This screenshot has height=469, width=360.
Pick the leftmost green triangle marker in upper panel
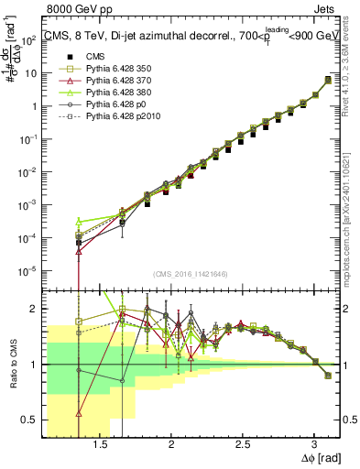[x=79, y=221]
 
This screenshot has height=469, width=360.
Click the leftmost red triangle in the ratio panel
[x=79, y=413]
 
